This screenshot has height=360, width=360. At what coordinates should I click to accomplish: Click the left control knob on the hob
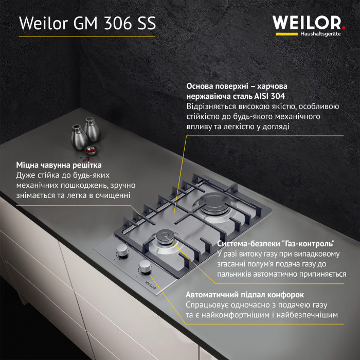coord(122,250)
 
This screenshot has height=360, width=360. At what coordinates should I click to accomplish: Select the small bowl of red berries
coord(91,150)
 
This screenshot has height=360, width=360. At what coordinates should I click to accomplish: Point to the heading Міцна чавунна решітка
coord(59,165)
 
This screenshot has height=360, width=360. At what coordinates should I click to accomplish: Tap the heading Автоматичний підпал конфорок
coord(245,295)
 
